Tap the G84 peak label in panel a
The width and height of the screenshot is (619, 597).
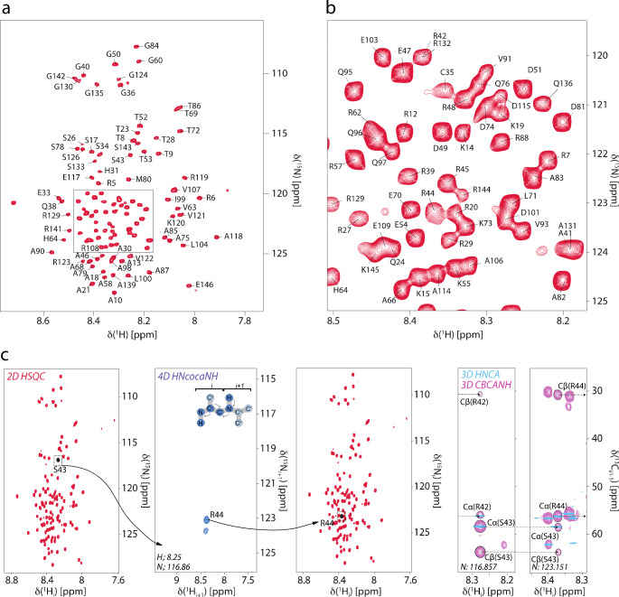point(152,46)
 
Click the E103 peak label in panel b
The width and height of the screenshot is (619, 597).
point(368,41)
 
